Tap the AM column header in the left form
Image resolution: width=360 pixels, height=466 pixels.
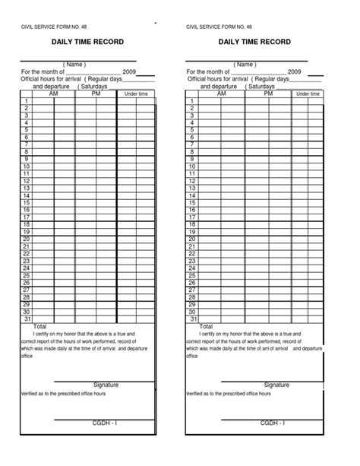tap(52, 94)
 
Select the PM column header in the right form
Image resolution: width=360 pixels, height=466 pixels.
tap(268, 94)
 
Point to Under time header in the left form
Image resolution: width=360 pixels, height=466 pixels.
tap(136, 94)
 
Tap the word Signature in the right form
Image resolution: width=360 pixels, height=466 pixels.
tap(276, 385)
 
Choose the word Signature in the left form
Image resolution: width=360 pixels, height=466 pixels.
tap(106, 385)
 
